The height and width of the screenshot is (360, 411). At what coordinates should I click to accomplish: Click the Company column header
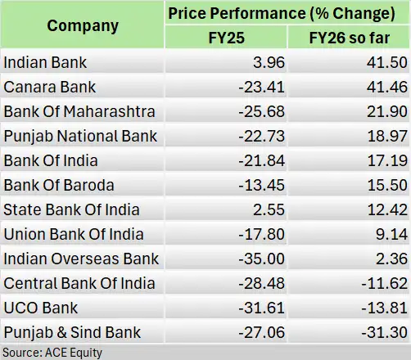click(x=82, y=25)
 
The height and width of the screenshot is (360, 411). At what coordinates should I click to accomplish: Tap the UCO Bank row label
click(x=38, y=308)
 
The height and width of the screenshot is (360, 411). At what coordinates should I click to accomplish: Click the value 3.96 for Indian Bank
click(x=265, y=62)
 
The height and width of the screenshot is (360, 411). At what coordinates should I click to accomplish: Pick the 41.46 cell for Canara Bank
click(x=385, y=87)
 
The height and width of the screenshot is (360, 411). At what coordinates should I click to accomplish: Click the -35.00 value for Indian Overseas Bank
click(x=259, y=259)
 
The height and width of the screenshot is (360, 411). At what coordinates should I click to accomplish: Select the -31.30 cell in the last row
click(x=382, y=332)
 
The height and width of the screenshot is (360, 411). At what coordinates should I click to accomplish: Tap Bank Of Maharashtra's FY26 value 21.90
click(x=385, y=111)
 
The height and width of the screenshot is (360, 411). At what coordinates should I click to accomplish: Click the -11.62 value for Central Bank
click(x=382, y=283)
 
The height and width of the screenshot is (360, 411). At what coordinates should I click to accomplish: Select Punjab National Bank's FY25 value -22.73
click(x=259, y=136)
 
